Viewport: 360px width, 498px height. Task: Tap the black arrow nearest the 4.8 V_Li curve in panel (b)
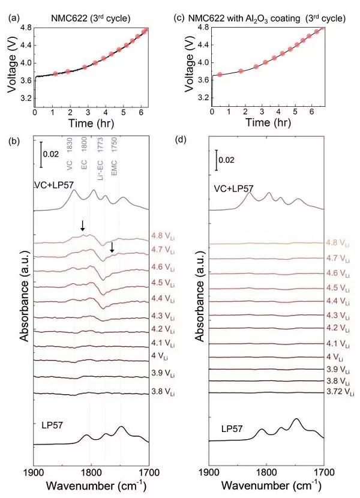point(83,226)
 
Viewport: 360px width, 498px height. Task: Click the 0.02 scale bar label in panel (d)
point(227,161)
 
